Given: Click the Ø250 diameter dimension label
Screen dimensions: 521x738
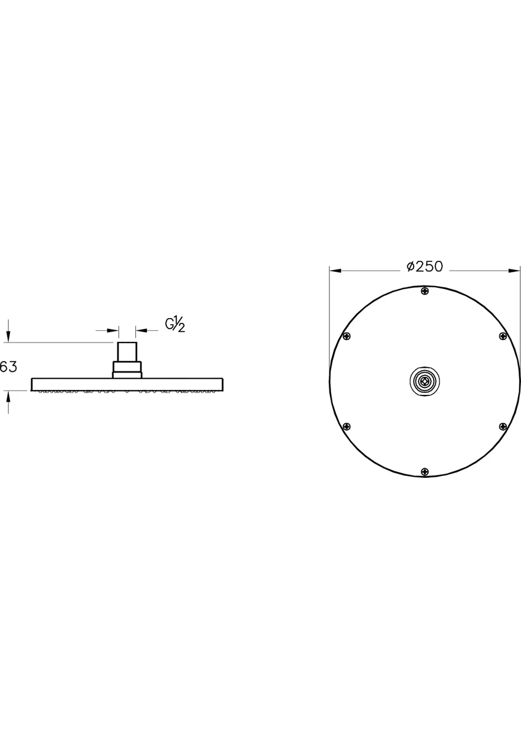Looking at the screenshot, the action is click(425, 266).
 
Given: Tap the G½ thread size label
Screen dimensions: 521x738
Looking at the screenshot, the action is click(175, 325).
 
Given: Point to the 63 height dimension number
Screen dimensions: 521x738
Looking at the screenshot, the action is click(8, 367).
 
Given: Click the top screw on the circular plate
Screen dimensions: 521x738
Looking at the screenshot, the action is click(425, 291).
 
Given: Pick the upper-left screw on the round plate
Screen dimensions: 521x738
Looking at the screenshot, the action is click(347, 336).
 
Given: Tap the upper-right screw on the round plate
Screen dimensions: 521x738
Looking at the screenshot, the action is click(503, 336).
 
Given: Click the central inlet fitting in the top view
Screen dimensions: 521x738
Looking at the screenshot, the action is click(425, 381).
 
